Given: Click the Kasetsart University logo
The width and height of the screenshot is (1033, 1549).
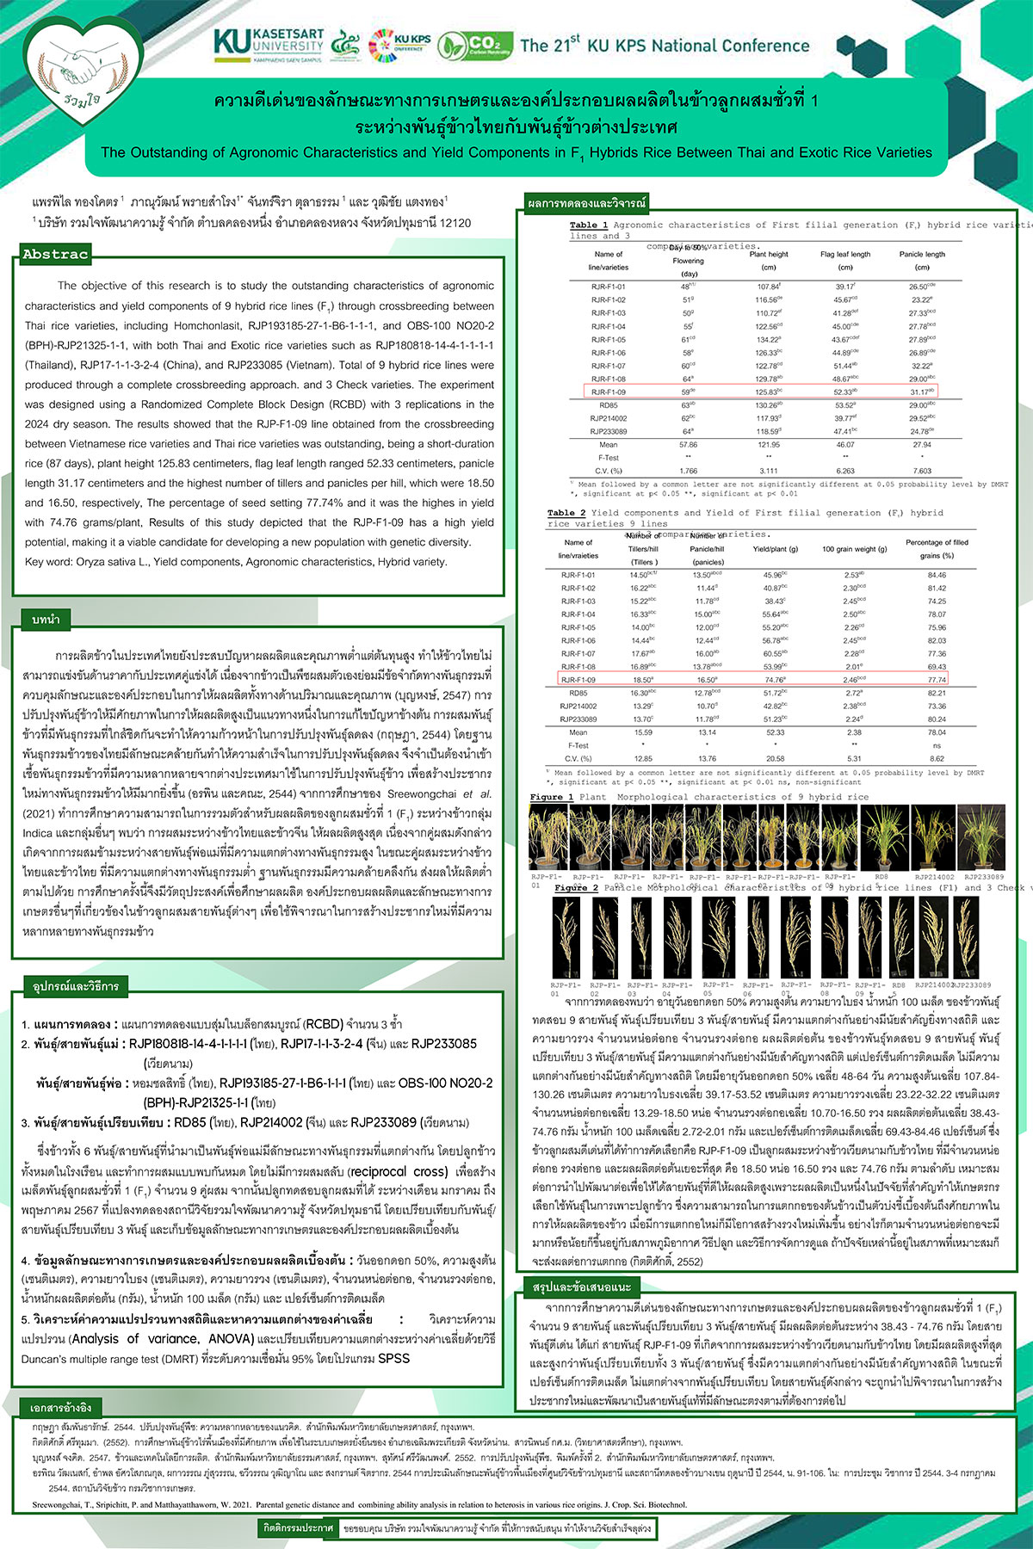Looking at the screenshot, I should click(269, 45).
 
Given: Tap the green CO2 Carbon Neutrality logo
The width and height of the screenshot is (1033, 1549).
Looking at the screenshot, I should click(475, 45).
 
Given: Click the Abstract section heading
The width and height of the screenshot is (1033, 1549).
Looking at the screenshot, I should click(55, 254).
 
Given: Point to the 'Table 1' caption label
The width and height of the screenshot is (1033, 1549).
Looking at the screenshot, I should click(589, 225).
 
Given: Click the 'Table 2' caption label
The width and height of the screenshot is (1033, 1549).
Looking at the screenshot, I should click(566, 513).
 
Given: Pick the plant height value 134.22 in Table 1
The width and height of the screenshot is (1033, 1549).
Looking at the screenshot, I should click(768, 340).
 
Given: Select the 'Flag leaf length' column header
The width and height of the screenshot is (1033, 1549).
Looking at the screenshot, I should click(845, 255).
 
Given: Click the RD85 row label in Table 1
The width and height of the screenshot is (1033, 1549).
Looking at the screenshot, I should click(608, 405).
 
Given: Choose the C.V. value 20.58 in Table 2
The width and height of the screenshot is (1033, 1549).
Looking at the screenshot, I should click(775, 759).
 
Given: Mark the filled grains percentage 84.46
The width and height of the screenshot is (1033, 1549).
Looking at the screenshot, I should click(937, 575).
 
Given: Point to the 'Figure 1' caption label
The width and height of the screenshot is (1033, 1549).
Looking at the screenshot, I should click(552, 797).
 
